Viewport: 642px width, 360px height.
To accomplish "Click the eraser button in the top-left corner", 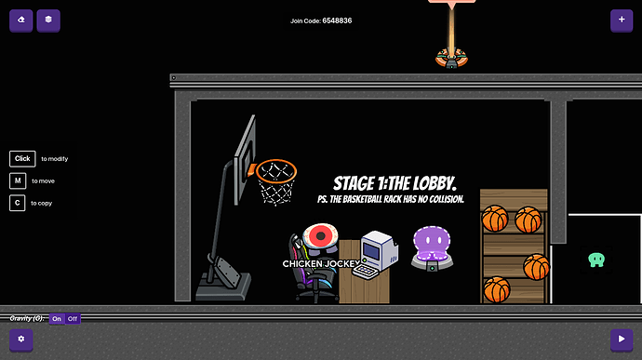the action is point(20,20).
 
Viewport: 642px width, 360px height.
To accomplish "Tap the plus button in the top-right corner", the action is point(621,20).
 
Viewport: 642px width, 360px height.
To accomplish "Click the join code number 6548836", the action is point(337,20).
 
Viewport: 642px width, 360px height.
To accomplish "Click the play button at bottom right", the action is point(621,340).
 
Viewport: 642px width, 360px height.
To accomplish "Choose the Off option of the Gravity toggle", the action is point(74,319).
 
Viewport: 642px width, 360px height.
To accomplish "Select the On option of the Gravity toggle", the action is point(57,319).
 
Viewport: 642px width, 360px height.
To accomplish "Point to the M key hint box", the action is point(19,180).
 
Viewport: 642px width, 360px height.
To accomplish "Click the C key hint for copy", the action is point(19,202).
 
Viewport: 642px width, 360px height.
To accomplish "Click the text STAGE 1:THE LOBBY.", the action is point(395,183).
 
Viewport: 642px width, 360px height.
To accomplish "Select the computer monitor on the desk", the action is point(380,249).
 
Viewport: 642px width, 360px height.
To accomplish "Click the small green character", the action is point(596,260).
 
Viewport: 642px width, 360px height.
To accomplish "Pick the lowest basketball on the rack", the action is point(497,289).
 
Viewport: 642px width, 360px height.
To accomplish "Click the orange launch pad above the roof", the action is point(451,59).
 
